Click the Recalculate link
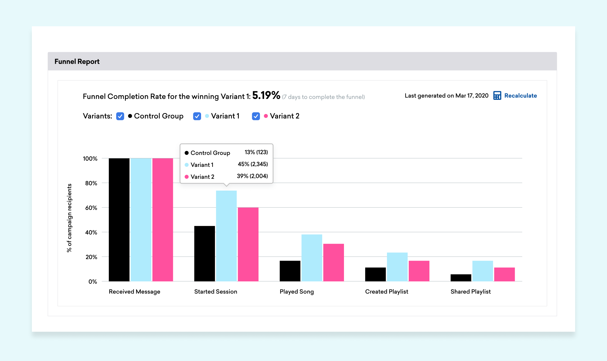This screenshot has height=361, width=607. [521, 96]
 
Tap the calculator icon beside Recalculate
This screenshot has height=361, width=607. [497, 96]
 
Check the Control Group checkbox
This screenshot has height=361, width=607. [120, 116]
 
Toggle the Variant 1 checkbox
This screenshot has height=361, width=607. [197, 116]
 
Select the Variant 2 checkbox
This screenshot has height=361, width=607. [256, 116]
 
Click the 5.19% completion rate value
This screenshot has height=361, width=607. [266, 95]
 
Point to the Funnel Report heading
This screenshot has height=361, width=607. [77, 61]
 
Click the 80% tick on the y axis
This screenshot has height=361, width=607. [91, 183]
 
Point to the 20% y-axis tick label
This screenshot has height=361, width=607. [91, 257]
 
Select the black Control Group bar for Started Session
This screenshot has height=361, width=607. [205, 254]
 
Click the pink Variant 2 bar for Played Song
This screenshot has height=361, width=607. [334, 262]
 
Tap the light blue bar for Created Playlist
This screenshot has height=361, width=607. [397, 267]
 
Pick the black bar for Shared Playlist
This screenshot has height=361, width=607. [461, 278]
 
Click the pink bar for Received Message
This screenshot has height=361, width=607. [163, 220]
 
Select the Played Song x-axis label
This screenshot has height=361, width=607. [297, 292]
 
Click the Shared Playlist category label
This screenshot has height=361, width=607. [471, 292]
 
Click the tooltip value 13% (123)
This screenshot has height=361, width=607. [256, 152]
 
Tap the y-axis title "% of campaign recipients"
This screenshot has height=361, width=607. [69, 218]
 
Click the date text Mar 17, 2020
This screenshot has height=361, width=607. [472, 96]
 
